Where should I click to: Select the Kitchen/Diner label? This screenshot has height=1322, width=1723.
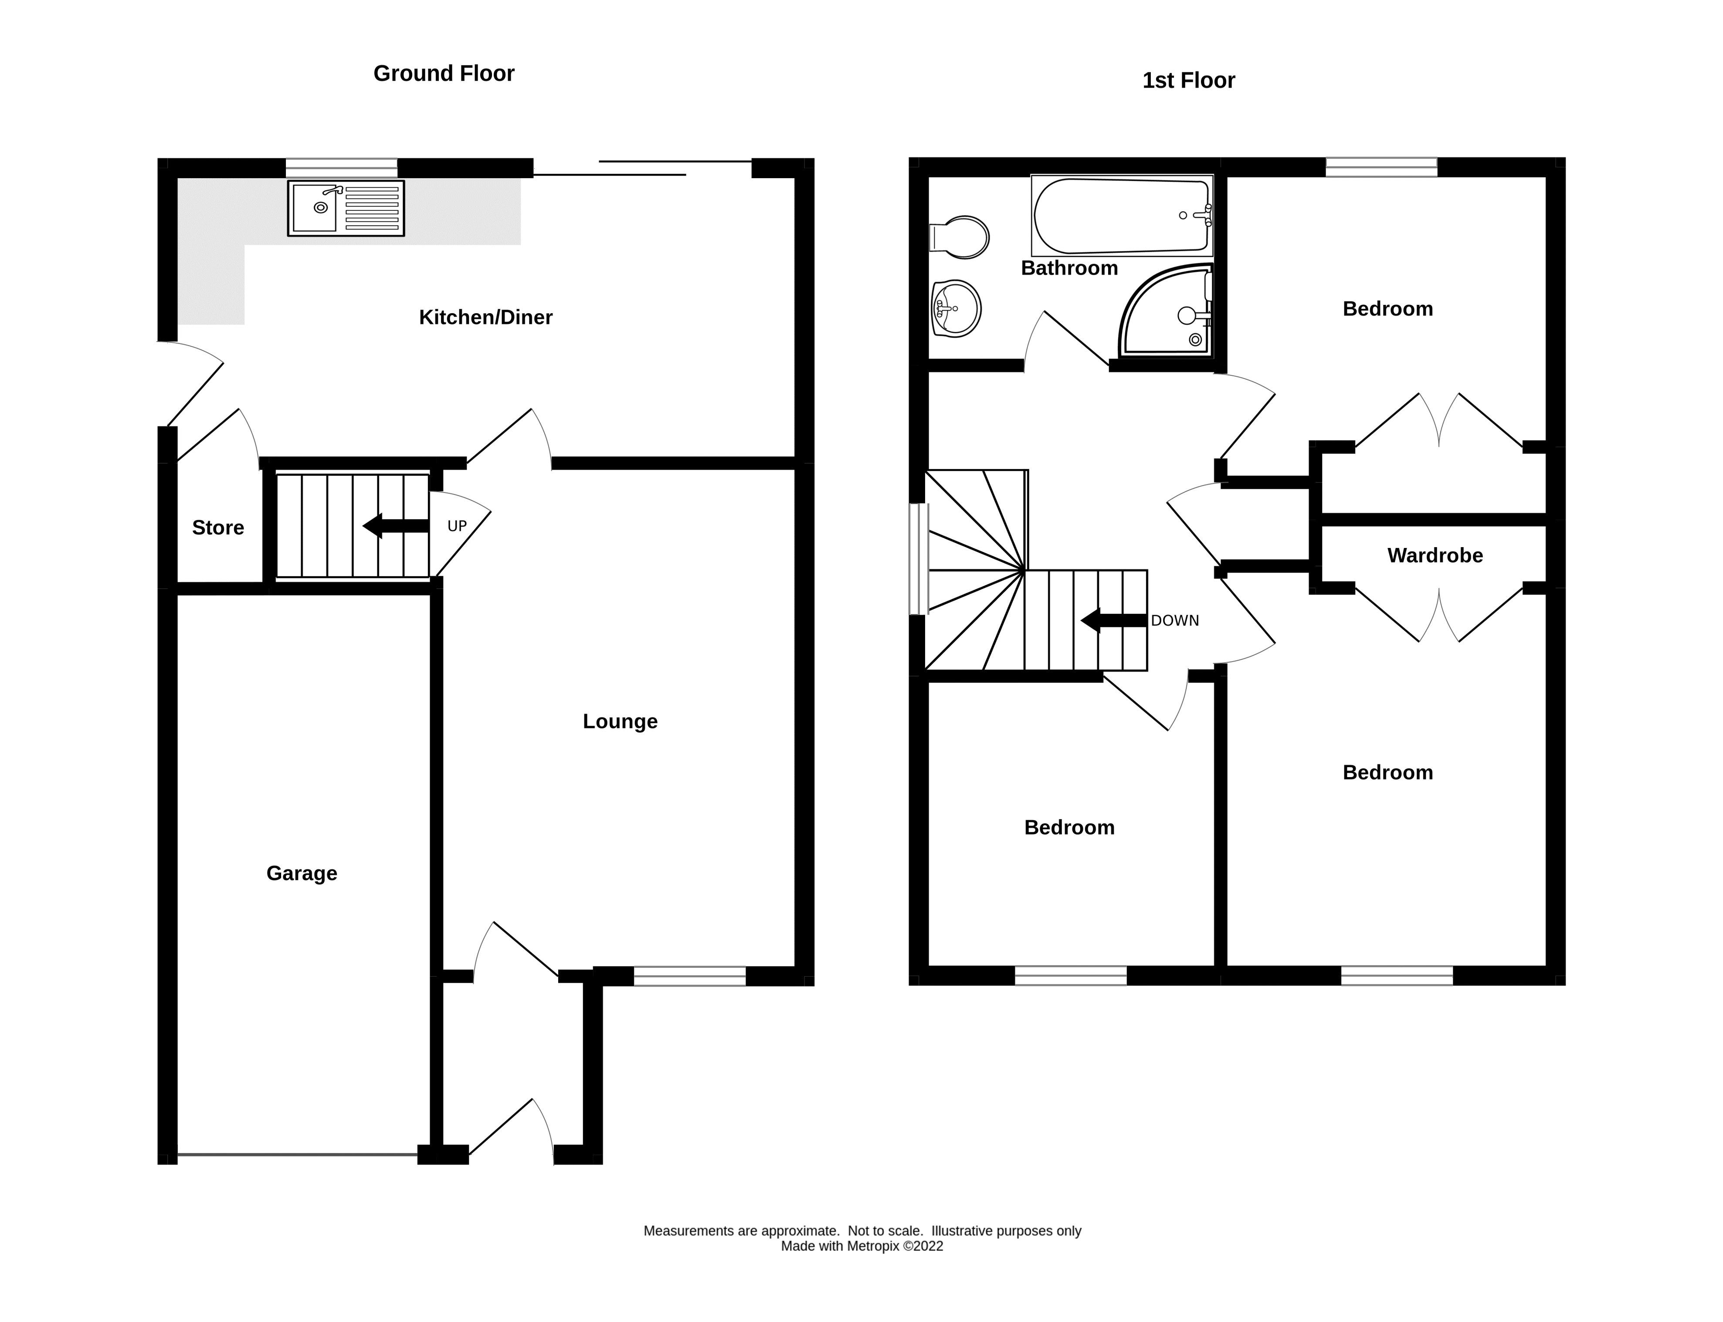(x=485, y=317)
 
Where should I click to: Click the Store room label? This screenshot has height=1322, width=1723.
(x=218, y=527)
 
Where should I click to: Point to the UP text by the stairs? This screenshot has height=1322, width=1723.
(x=457, y=526)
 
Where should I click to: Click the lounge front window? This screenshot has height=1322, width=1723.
(x=689, y=977)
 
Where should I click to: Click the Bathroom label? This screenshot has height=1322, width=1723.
(x=1069, y=268)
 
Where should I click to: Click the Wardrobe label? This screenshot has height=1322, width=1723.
(x=1434, y=555)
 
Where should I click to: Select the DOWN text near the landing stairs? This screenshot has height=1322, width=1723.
(x=1174, y=620)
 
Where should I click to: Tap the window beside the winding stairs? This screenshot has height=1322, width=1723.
(x=918, y=559)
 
